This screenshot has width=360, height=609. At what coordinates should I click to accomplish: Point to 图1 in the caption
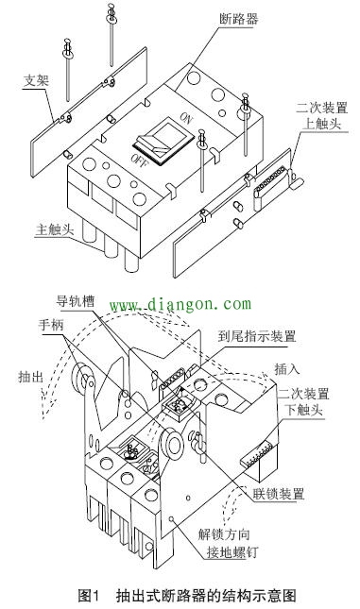click(88, 595)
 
